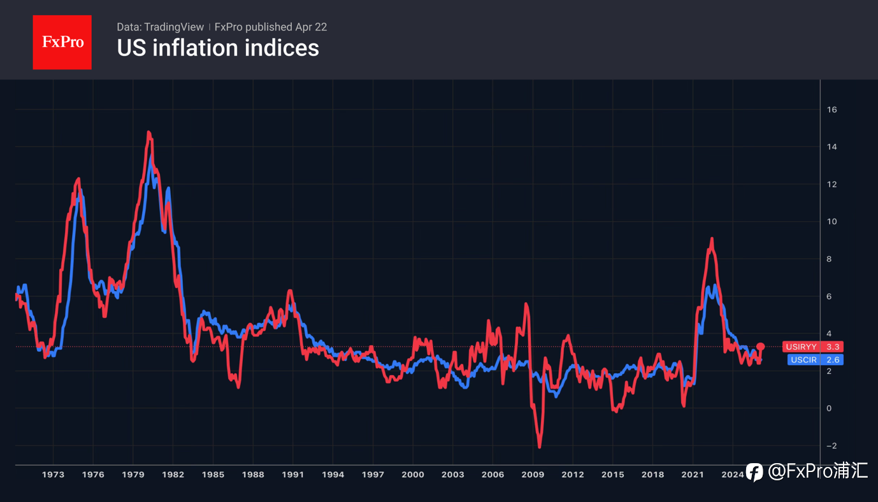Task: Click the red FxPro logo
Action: tap(62, 42)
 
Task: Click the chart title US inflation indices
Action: tap(218, 48)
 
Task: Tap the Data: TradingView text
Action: tap(160, 27)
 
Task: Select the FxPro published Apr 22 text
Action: tap(271, 27)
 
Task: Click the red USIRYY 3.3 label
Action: tap(813, 347)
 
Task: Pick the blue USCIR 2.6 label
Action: tap(816, 360)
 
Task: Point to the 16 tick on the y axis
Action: tap(831, 110)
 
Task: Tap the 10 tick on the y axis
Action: tap(831, 222)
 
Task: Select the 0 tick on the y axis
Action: tap(829, 408)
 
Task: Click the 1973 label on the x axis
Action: tap(53, 475)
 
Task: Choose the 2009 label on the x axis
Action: tap(533, 475)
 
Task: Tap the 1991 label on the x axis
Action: tap(293, 475)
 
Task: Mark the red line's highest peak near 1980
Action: tap(148, 132)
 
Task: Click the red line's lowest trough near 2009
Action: tap(540, 447)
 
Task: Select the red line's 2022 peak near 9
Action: tap(711, 238)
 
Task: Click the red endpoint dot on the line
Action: tap(760, 347)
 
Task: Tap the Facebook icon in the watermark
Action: tap(754, 472)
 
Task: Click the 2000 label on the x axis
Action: tap(413, 475)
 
